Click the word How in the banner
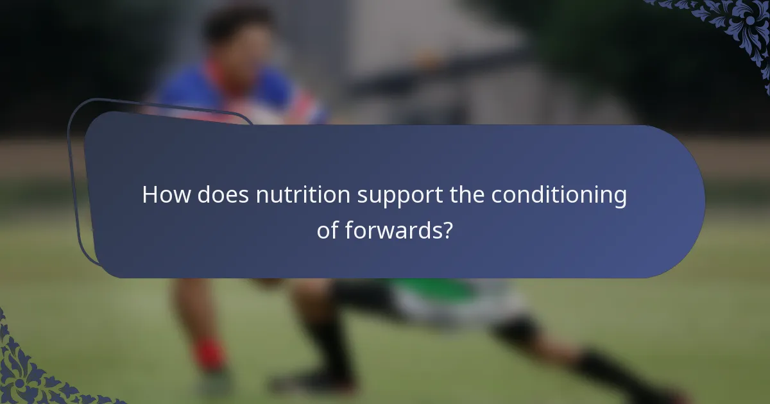click(x=166, y=195)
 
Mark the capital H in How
click(x=150, y=195)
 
